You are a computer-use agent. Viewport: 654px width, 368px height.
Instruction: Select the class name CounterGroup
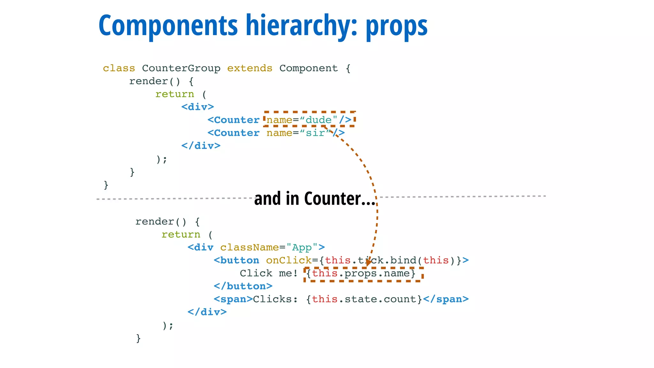[x=181, y=68]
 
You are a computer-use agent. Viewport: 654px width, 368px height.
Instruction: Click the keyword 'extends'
[x=250, y=68]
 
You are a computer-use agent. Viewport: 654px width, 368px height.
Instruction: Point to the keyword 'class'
[x=119, y=68]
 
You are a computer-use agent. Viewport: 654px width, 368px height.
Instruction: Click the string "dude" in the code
[x=318, y=120]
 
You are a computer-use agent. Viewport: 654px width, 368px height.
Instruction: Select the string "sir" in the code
[x=315, y=133]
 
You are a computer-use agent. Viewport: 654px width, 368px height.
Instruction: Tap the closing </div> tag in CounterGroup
[x=201, y=146]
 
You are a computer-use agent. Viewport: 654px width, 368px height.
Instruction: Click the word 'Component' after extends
[x=308, y=68]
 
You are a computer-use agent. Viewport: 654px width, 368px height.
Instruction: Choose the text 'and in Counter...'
[x=315, y=199]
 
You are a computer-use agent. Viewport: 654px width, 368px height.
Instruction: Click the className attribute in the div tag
[x=249, y=248]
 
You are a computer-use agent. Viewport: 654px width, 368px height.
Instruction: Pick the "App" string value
[x=302, y=248]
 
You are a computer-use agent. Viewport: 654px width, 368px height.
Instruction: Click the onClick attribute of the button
[x=289, y=260]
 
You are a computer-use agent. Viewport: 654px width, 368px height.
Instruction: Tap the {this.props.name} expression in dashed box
[x=361, y=273]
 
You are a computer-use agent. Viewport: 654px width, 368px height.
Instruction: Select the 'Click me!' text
[x=269, y=273]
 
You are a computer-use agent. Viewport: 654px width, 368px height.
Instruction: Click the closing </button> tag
[x=243, y=286]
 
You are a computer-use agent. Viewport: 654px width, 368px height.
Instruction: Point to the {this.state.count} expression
[x=364, y=299]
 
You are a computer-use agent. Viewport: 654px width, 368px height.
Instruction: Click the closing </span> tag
[x=446, y=299]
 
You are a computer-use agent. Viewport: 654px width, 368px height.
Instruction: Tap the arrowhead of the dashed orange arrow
[x=369, y=263]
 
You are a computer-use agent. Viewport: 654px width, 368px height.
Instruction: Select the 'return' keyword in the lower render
[x=181, y=234]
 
